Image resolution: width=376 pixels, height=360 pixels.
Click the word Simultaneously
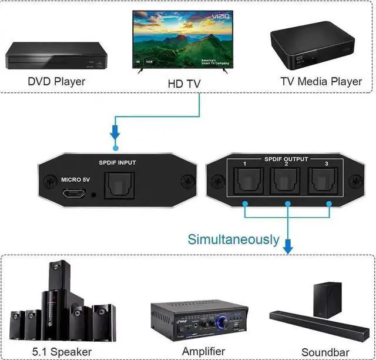click(x=233, y=239)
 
